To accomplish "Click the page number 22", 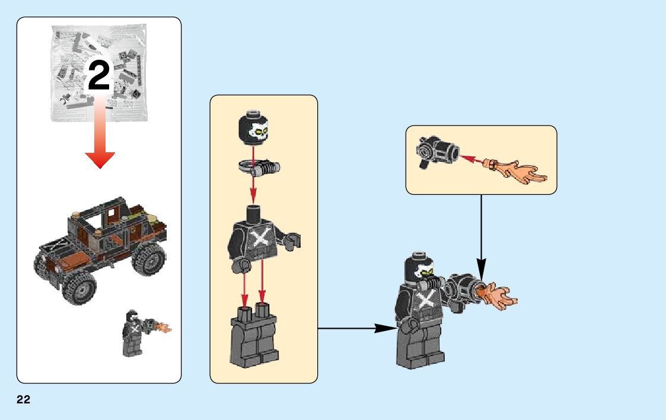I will point(23,400).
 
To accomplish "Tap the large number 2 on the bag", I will point(98,76).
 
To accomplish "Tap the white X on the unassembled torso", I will point(259,239).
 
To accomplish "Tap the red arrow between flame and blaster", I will point(472,159).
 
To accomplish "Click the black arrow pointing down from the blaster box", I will point(481,237).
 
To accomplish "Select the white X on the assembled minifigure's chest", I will point(425,299).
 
